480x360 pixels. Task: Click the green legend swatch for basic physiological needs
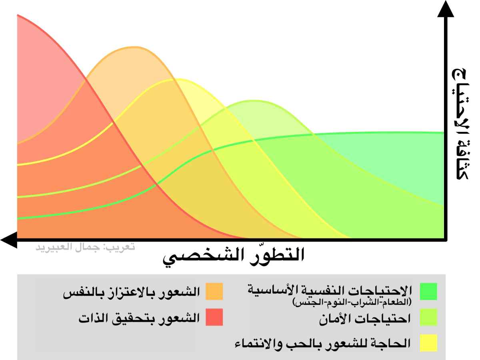[428, 292]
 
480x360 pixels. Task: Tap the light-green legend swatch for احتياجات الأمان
[428, 317]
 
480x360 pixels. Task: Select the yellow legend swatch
[428, 343]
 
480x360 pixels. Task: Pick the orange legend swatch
[214, 292]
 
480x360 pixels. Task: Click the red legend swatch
[214, 317]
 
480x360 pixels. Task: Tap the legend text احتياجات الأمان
[365, 319]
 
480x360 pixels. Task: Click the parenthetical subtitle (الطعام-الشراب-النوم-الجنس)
[353, 301]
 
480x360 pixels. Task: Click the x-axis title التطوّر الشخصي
[234, 256]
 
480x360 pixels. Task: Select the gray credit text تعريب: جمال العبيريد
[85, 247]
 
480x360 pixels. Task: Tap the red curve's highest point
[18, 16]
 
